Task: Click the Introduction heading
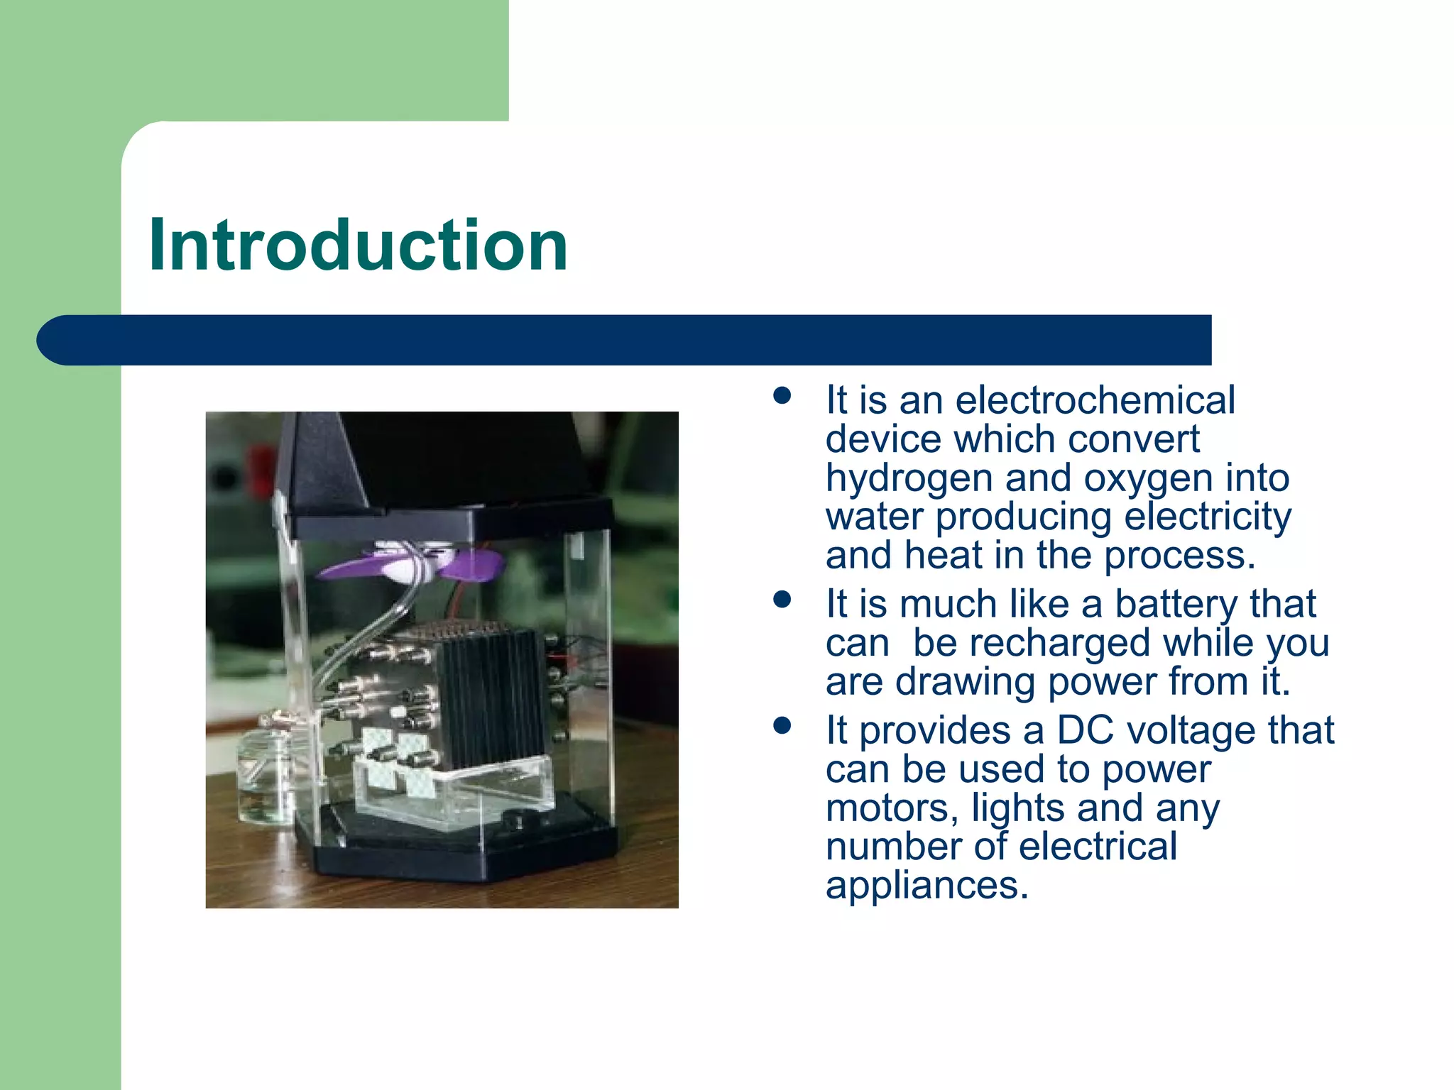[359, 246]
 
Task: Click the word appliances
[926, 885]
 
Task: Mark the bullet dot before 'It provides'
[782, 726]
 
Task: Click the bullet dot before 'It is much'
[782, 600]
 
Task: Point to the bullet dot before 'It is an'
[782, 396]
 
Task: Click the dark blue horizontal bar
[625, 340]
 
